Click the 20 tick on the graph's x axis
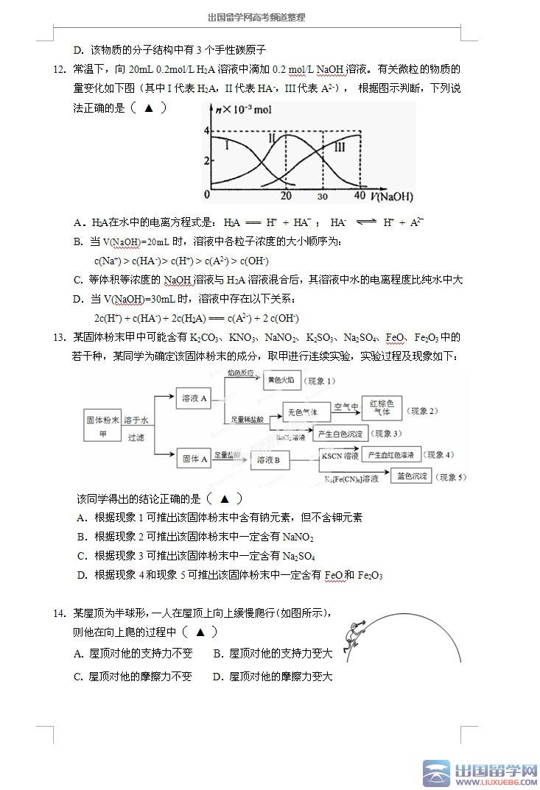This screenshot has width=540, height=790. pyautogui.click(x=286, y=196)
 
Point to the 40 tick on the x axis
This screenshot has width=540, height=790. pyautogui.click(x=360, y=196)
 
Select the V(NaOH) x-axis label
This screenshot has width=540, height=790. pyautogui.click(x=392, y=197)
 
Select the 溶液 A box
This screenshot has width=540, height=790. pyautogui.click(x=195, y=398)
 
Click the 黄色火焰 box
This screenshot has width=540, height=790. pyautogui.click(x=281, y=380)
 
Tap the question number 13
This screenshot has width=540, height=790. pyautogui.click(x=60, y=337)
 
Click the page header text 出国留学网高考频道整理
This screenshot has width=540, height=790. pyautogui.click(x=256, y=17)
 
